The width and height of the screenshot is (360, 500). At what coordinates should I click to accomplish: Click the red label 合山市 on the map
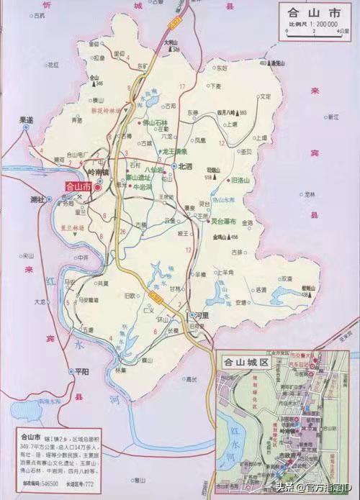pos(78,186)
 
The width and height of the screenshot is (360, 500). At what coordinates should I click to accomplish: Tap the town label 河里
pos(202,315)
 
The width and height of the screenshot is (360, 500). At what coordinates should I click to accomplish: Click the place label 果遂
pos(26,120)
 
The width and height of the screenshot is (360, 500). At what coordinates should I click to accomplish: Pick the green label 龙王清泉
pos(174,152)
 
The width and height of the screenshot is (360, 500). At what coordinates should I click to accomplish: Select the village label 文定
pos(265,96)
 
